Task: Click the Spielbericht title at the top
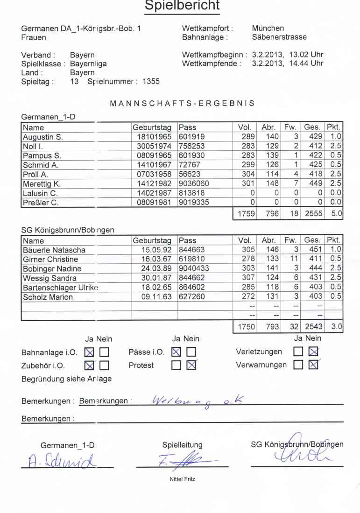[x=180, y=6]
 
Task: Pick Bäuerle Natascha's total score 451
[x=316, y=250]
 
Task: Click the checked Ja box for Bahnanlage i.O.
[x=89, y=352]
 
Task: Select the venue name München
[x=268, y=28]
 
